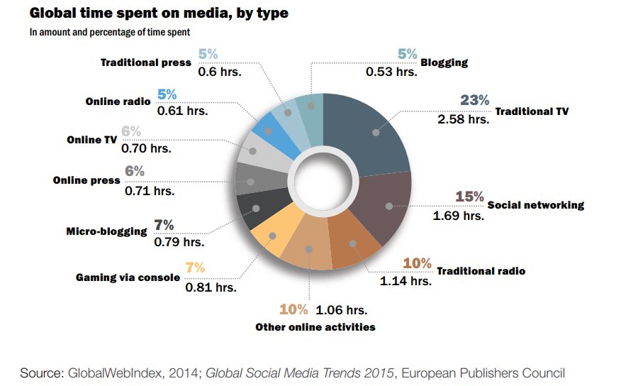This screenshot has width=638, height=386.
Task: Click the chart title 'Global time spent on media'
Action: (x=159, y=13)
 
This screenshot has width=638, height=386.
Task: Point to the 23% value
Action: (x=474, y=100)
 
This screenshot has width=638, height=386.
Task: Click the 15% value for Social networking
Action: (x=469, y=197)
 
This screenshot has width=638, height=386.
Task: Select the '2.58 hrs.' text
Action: (x=464, y=119)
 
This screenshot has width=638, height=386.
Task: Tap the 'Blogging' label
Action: (x=444, y=62)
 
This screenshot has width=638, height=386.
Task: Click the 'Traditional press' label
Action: (x=145, y=62)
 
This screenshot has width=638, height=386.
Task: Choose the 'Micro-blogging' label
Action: (x=106, y=231)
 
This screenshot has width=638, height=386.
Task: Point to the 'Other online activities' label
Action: (x=315, y=327)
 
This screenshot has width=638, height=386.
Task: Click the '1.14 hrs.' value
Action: (x=405, y=281)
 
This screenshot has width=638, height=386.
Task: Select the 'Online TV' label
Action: (x=91, y=140)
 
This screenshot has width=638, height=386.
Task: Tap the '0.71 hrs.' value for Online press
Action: (x=149, y=191)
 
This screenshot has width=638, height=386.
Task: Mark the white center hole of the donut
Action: (x=323, y=182)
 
